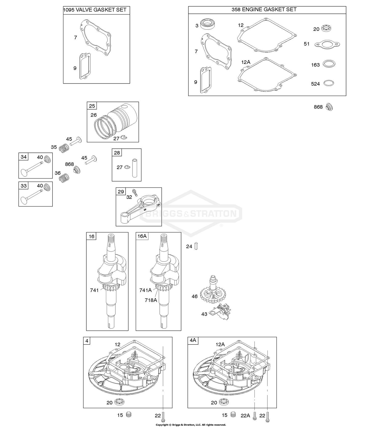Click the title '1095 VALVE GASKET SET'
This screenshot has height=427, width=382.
(95, 10)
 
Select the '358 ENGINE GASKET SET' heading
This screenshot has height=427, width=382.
(264, 9)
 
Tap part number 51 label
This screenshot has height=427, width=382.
(307, 44)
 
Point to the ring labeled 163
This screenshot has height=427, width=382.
(329, 64)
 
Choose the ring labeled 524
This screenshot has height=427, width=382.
(329, 83)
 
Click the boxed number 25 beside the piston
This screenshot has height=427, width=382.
(92, 106)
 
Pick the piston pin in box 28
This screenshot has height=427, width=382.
(134, 168)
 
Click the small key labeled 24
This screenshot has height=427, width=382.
(196, 246)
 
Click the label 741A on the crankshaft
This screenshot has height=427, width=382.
(145, 290)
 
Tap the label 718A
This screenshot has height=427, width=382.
(151, 300)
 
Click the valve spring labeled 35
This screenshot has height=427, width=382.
(64, 148)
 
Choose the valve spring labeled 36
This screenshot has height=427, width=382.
(64, 177)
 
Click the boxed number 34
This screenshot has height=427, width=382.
(24, 157)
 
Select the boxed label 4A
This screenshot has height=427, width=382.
(193, 340)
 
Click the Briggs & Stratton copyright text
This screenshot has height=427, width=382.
(191, 425)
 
